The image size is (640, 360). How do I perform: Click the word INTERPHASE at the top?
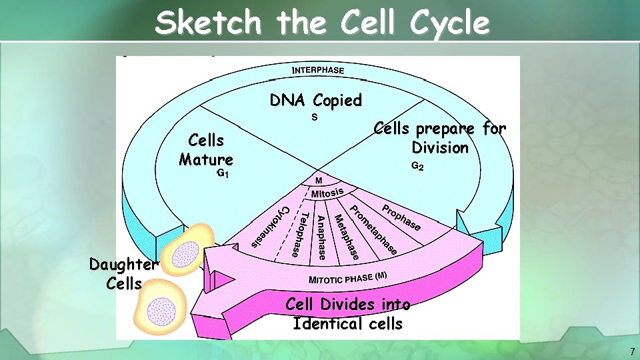click(319, 70)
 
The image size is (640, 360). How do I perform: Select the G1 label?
click(224, 174)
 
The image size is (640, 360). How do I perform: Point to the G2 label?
click(417, 166)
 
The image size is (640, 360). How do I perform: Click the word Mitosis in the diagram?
click(327, 193)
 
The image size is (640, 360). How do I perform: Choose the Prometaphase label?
click(374, 229)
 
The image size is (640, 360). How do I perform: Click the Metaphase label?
click(347, 237)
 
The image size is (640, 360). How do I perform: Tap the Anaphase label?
click(321, 237)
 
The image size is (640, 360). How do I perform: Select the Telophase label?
click(299, 234)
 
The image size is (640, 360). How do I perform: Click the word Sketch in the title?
click(208, 24)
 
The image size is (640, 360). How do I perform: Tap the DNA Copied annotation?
click(315, 101)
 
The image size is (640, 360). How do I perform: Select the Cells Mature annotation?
click(206, 150)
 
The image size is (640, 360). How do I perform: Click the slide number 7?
click(632, 351)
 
